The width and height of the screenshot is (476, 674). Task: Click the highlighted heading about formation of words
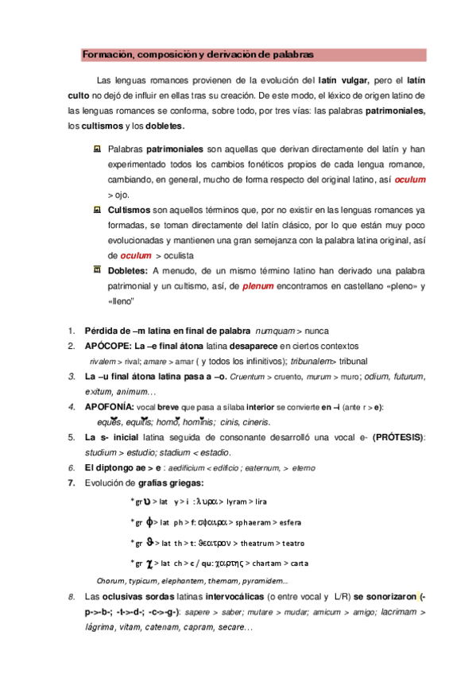pyautogui.click(x=198, y=54)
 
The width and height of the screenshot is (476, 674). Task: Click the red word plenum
pyautogui.click(x=258, y=285)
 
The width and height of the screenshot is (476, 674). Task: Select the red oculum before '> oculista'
pyautogui.click(x=134, y=256)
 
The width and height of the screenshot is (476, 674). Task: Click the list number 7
pyautogui.click(x=71, y=482)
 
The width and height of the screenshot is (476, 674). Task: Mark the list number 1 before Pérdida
pyautogui.click(x=71, y=331)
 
